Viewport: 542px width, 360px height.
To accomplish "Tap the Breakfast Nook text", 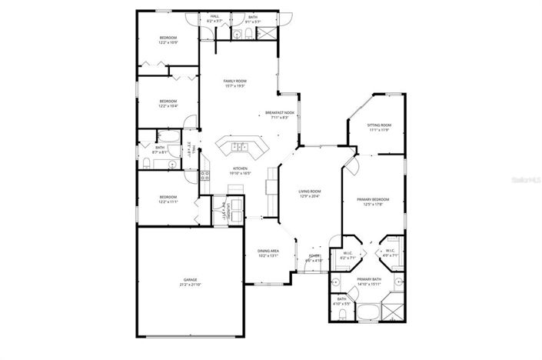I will (x=279, y=112).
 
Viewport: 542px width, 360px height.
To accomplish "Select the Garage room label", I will (x=190, y=279).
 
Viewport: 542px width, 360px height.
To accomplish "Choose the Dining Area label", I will (x=268, y=251).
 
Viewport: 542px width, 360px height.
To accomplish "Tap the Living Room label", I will (x=310, y=191).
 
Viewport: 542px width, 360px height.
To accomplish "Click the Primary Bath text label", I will (x=369, y=279).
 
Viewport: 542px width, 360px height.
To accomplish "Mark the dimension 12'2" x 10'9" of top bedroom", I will (x=168, y=42).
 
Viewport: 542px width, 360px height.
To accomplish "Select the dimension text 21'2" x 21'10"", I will (x=190, y=285).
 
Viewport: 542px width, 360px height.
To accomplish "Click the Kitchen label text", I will (x=241, y=168).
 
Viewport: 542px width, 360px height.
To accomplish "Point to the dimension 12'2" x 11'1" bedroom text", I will (x=168, y=202).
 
